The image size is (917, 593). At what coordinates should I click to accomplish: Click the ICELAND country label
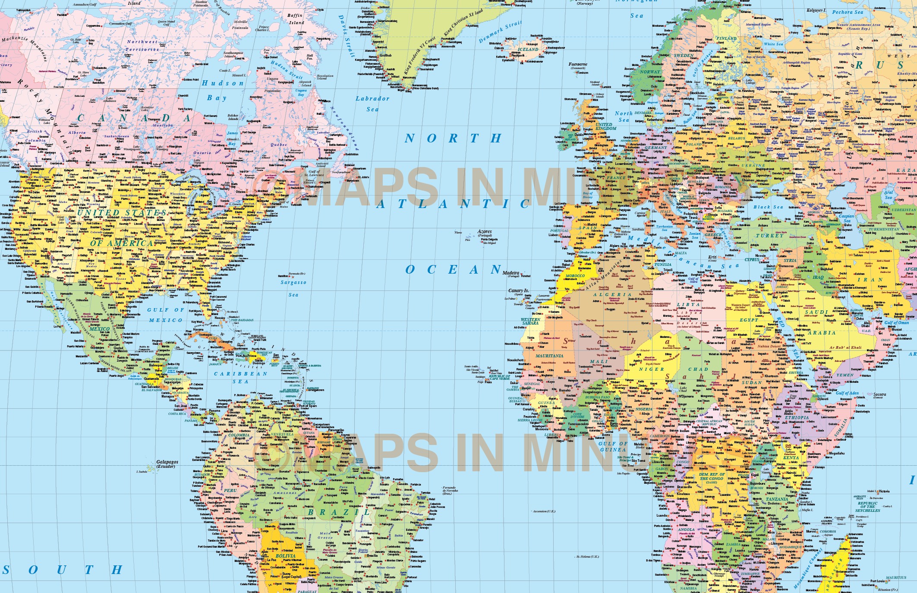(529, 49)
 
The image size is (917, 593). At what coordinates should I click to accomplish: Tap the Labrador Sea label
(372, 104)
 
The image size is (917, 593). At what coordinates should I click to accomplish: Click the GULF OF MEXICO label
(166, 315)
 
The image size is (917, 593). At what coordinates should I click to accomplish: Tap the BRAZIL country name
(338, 512)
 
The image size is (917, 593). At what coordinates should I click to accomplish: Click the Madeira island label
(511, 273)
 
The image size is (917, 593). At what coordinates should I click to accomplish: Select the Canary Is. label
(518, 290)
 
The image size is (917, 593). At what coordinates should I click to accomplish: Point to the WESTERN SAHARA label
(530, 321)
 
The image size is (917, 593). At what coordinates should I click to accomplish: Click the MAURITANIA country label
(549, 356)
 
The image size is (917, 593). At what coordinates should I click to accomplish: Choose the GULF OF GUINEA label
(613, 446)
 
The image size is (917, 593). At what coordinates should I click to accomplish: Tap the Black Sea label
(768, 207)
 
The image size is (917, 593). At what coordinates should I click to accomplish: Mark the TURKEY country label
(769, 236)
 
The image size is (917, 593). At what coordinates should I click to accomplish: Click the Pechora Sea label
(848, 12)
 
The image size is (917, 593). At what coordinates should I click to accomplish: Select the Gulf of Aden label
(847, 393)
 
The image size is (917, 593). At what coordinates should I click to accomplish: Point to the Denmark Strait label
(500, 32)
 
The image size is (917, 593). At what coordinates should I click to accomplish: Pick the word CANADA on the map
(134, 118)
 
